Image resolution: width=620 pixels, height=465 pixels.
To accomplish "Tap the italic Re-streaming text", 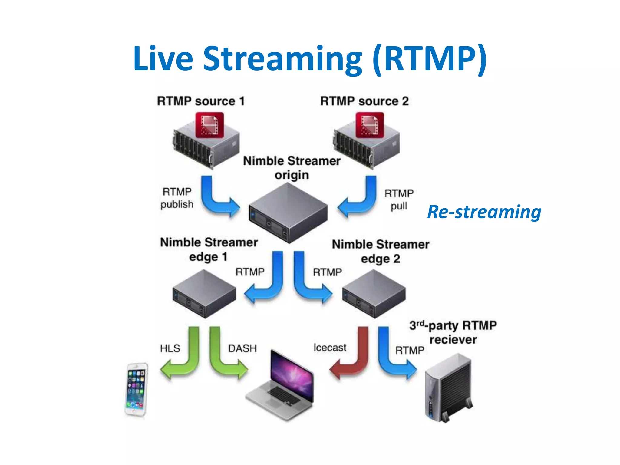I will pos(484,212).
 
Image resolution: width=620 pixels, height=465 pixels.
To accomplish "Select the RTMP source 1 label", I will pos(201,101).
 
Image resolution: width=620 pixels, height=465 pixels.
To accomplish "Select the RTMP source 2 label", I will pos(364,101).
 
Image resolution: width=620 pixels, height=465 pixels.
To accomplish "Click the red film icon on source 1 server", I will pos(209,125).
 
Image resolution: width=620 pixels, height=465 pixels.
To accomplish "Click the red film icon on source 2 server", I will pos(370,125).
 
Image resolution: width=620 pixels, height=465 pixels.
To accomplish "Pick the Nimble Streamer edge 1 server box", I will pos(204,294).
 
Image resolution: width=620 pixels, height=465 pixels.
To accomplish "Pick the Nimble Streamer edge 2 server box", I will pos(374,294).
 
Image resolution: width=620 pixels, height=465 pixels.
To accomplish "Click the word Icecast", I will pos(330,348).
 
